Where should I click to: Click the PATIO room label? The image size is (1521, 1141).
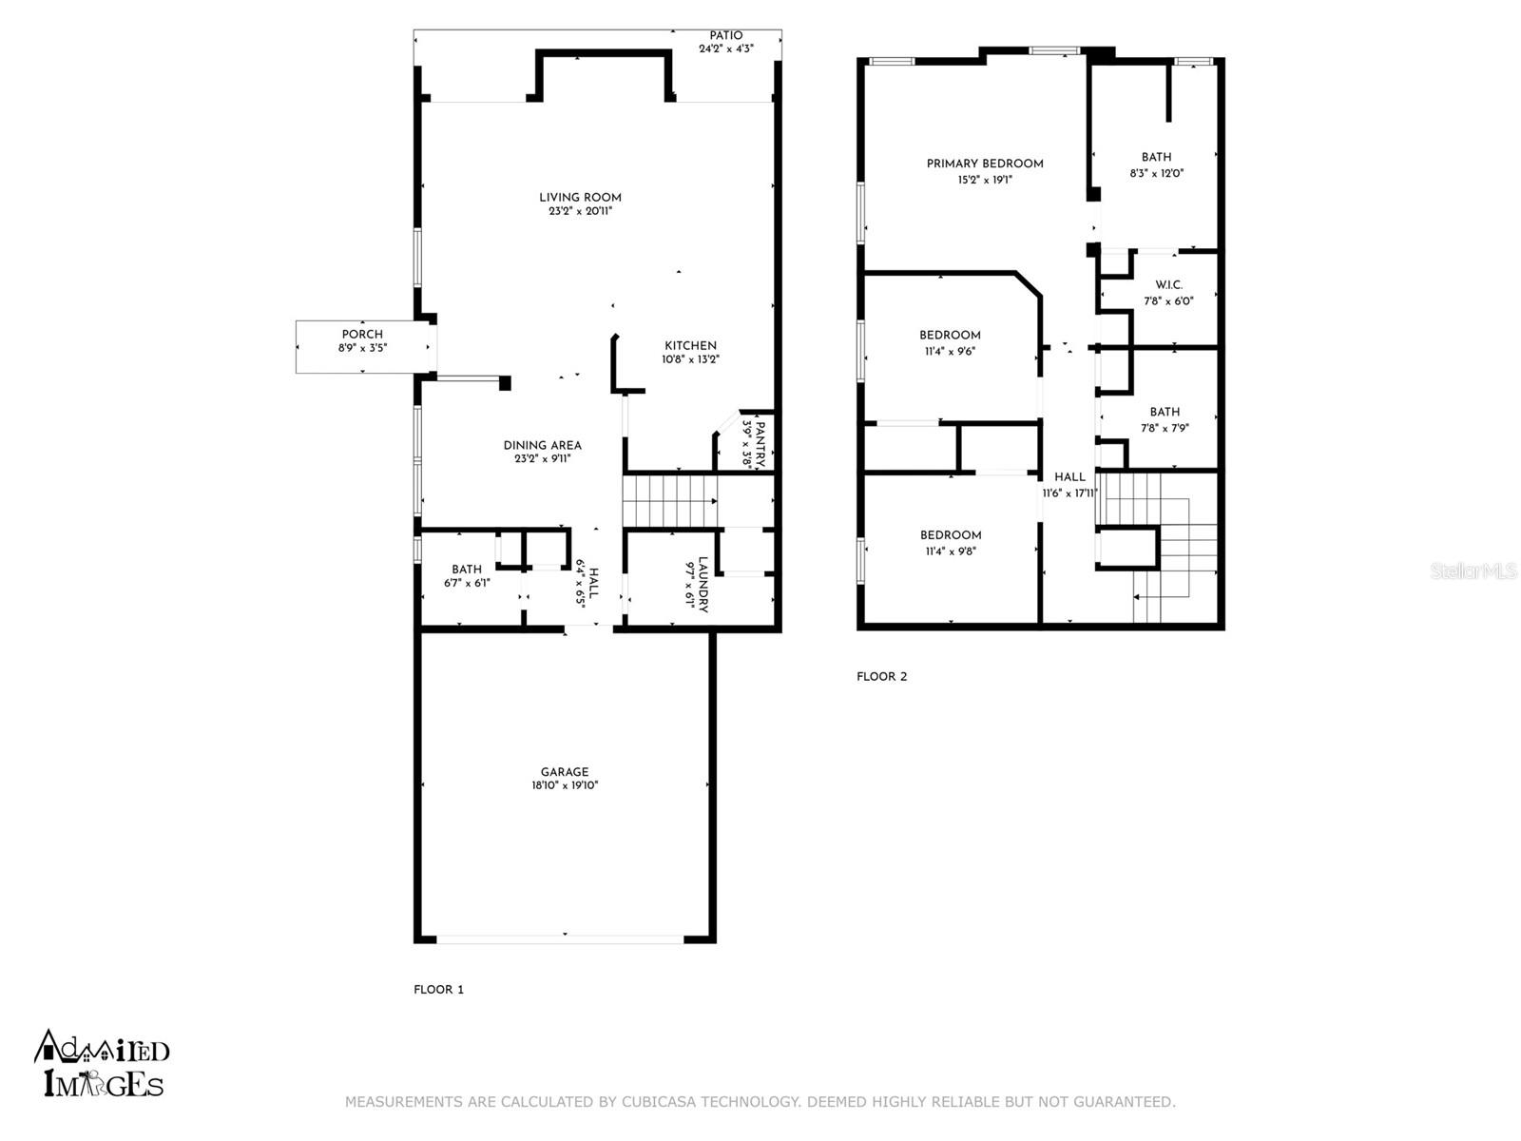click(725, 35)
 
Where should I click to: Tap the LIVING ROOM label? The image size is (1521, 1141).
click(580, 198)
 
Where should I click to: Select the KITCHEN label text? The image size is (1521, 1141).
click(690, 346)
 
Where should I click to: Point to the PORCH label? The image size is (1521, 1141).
click(362, 334)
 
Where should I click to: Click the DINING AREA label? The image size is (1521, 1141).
click(543, 445)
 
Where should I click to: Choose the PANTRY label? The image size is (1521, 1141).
click(760, 444)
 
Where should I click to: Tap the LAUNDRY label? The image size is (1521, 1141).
click(703, 585)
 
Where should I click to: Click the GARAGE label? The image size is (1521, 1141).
click(565, 772)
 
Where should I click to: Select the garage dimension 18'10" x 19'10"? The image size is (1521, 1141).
click(565, 785)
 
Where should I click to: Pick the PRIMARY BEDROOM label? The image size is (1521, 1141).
click(985, 164)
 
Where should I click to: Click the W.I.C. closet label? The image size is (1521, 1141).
click(1168, 284)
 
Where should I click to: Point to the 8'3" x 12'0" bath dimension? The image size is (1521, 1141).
click(1157, 173)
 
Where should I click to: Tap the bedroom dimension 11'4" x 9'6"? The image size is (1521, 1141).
click(950, 351)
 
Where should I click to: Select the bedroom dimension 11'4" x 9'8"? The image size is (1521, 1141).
click(950, 551)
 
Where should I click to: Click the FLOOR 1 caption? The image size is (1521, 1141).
click(438, 989)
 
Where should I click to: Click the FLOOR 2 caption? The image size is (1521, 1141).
click(881, 676)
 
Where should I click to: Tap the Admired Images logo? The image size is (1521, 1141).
click(102, 1063)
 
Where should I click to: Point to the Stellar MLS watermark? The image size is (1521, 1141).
click(1473, 570)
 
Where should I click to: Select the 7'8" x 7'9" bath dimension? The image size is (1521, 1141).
click(1165, 428)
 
